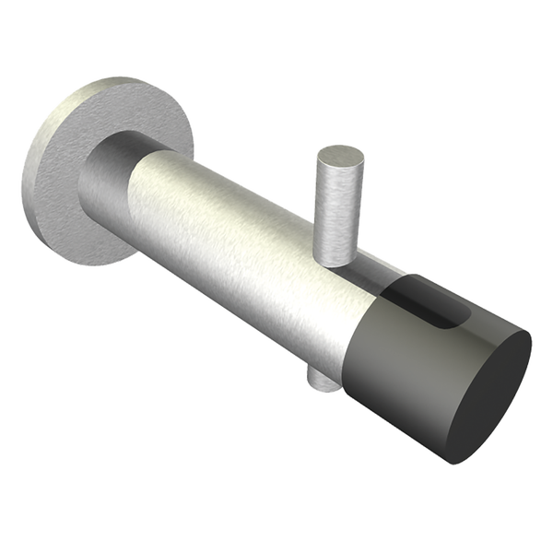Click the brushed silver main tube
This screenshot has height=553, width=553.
pyautogui.click(x=249, y=240)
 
